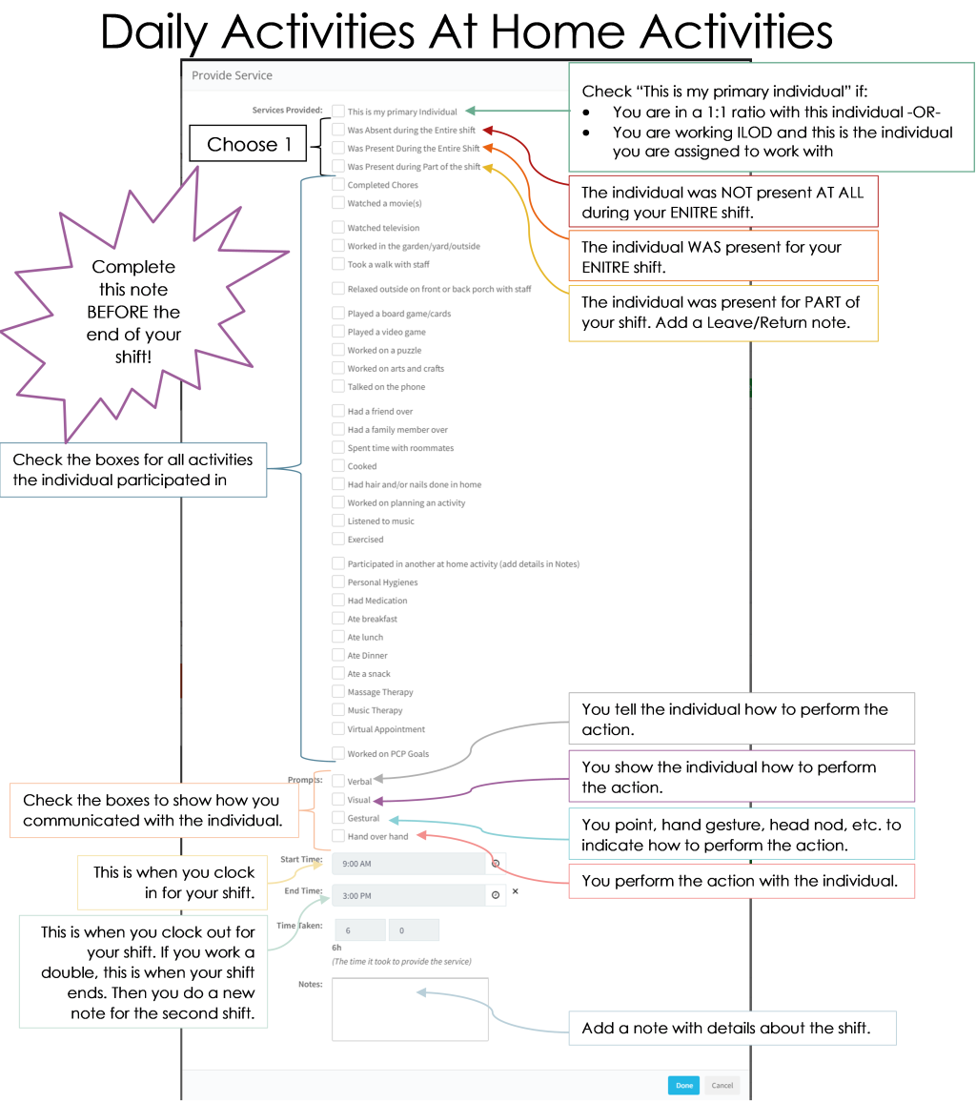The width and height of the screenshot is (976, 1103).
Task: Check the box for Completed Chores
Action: [338, 184]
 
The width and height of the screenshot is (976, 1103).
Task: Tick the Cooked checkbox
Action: [338, 465]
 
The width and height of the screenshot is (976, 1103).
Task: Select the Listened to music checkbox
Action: [338, 521]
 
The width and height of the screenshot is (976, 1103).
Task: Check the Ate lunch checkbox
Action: [338, 637]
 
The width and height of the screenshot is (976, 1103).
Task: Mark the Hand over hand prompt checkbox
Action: [338, 836]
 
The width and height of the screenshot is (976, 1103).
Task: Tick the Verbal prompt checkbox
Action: [338, 781]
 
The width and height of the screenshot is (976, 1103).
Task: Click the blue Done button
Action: [684, 1086]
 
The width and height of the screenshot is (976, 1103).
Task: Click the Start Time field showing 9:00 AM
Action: [409, 863]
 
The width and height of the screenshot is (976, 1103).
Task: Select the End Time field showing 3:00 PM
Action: [409, 895]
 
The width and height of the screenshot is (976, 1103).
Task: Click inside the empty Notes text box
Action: [410, 1009]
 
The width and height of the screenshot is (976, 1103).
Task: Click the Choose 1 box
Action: [248, 144]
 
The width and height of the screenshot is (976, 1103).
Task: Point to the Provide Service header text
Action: [232, 75]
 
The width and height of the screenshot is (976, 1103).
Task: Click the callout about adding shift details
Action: [732, 1028]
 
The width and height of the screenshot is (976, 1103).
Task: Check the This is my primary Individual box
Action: [338, 112]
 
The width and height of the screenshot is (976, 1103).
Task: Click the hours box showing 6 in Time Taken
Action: [360, 929]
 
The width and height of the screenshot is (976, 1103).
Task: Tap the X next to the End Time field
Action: [516, 891]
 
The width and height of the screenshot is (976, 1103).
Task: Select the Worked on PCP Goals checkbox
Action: [338, 753]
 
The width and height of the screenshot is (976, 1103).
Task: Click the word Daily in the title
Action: [154, 33]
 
